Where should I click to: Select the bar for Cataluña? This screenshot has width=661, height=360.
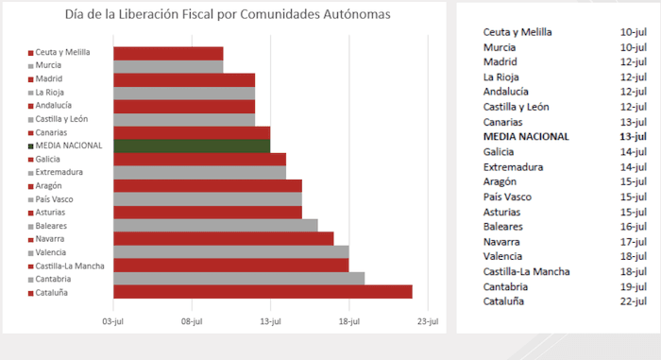(x=263, y=292)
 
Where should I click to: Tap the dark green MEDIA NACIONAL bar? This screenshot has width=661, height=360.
(x=192, y=146)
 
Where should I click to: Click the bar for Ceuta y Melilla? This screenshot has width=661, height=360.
(x=168, y=53)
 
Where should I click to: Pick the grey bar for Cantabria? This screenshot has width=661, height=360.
(x=239, y=279)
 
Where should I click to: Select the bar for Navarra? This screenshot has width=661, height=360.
(x=223, y=238)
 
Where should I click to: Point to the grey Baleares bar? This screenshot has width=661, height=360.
(x=215, y=225)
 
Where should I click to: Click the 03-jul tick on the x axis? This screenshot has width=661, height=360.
(x=113, y=321)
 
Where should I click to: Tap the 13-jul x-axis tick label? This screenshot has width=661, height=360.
(x=270, y=321)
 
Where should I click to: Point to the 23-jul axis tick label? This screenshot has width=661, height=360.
(x=428, y=321)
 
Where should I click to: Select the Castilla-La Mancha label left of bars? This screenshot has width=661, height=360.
(x=70, y=266)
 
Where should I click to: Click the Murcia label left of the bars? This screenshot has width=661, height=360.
(x=48, y=65)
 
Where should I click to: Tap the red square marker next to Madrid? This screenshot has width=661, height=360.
(x=31, y=79)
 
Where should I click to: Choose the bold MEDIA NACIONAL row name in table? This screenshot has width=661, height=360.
(x=526, y=136)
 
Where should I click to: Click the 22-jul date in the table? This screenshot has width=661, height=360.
(x=633, y=301)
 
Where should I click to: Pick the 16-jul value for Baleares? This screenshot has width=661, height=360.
(x=633, y=227)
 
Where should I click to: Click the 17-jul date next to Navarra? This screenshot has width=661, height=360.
(x=633, y=242)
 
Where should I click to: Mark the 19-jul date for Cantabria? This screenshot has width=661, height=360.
(x=633, y=286)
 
